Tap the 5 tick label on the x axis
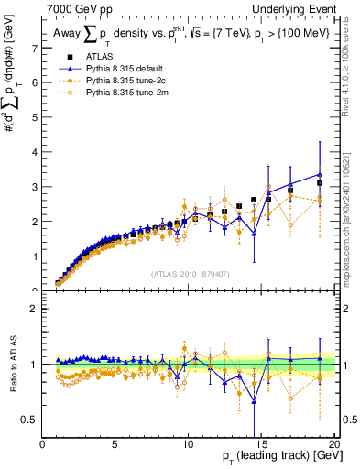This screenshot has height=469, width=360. pos(115,446)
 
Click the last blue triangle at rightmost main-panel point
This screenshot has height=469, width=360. pos(320,174)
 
